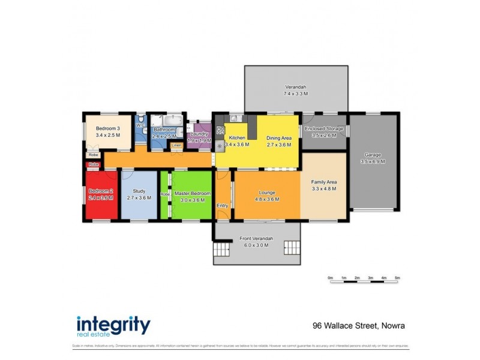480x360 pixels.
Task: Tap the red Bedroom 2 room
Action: tap(101, 195)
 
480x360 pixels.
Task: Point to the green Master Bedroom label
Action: tap(192, 193)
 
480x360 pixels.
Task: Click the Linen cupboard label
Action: tap(176, 145)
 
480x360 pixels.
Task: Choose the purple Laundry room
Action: tap(198, 137)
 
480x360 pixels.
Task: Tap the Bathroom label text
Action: tap(163, 130)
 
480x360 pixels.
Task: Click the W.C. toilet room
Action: tap(140, 129)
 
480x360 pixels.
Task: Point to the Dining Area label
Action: tap(278, 138)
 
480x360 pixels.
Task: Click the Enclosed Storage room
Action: tap(324, 132)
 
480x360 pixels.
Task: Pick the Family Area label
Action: tap(324, 182)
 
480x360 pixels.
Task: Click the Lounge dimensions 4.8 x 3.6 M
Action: tap(267, 199)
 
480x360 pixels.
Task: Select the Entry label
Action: tap(223, 206)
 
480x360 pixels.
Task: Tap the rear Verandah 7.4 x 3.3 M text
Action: tap(295, 94)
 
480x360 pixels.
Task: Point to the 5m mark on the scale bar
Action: tap(397, 278)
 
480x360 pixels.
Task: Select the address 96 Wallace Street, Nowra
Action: tap(358, 326)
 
